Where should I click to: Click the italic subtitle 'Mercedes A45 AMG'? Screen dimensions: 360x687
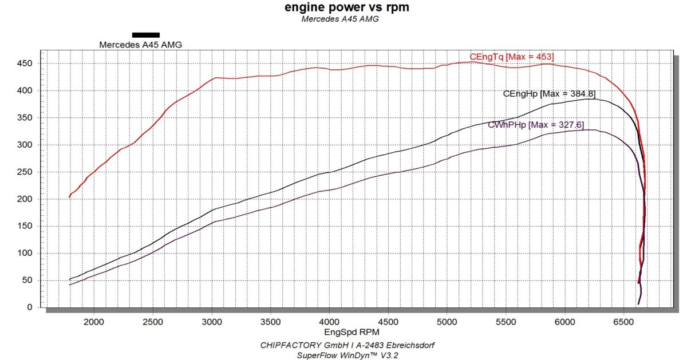pyautogui.click(x=340, y=19)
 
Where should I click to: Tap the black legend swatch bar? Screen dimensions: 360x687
pyautogui.click(x=145, y=34)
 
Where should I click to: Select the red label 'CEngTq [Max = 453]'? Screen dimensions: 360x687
pyautogui.click(x=511, y=57)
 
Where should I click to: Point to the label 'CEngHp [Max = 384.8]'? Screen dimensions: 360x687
pyautogui.click(x=548, y=93)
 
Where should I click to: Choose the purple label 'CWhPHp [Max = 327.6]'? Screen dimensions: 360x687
pyautogui.click(x=535, y=124)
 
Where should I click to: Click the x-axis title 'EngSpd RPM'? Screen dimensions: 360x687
pyautogui.click(x=343, y=331)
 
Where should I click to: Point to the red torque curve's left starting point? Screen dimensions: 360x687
pyautogui.click(x=69, y=197)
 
